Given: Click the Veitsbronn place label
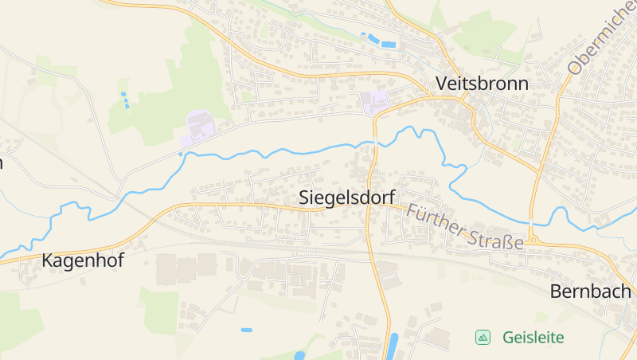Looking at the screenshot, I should pyautogui.click(x=482, y=83).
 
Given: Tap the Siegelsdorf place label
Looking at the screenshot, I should pyautogui.click(x=347, y=198).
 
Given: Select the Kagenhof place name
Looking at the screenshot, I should pyautogui.click(x=83, y=260).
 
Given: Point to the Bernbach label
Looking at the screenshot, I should pyautogui.click(x=590, y=292).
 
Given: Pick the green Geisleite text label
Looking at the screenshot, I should pyautogui.click(x=533, y=337).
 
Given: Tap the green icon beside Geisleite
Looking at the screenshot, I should pyautogui.click(x=483, y=337).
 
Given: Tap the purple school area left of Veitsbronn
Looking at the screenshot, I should pyautogui.click(x=374, y=102).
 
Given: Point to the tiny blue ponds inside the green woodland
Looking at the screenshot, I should pyautogui.click(x=125, y=100).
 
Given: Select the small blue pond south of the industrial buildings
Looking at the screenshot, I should pyautogui.click(x=247, y=330).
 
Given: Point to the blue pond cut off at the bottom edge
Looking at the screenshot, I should pyautogui.click(x=299, y=355).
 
